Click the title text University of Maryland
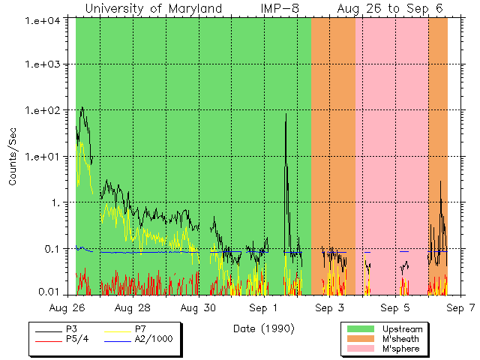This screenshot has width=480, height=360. point(154,8)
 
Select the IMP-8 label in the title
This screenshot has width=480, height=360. point(280,8)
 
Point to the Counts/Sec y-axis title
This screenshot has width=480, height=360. point(13,156)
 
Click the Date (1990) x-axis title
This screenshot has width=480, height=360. point(263,328)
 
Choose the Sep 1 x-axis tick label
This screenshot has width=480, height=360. point(264,307)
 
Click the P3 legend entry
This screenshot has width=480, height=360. point(72,329)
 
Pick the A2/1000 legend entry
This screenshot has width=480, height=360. point(153,339)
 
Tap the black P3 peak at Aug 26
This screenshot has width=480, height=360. point(82,108)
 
